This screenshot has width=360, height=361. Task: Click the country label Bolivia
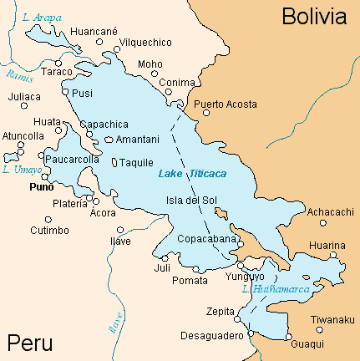tap(312, 16)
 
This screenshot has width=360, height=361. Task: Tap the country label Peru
tap(30, 343)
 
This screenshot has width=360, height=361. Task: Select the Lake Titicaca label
tap(192, 173)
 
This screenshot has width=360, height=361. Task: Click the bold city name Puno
tap(42, 188)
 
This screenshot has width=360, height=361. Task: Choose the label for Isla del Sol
tap(191, 200)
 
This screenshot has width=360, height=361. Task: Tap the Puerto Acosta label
tap(226, 104)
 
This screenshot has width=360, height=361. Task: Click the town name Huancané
tap(95, 32)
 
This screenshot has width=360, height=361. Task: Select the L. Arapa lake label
tap(40, 17)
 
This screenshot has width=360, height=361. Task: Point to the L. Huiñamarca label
tap(275, 290)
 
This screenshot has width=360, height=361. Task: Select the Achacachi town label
tap(331, 212)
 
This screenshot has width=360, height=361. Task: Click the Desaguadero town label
tap(211, 336)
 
